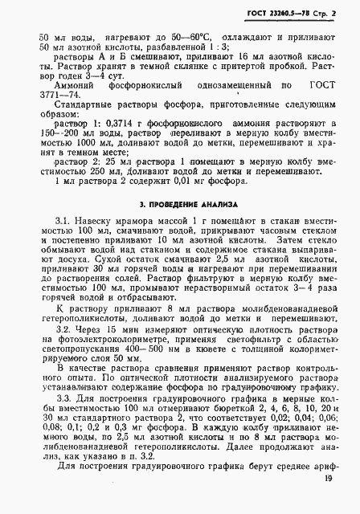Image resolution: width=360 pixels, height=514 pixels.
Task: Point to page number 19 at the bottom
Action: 332,502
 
